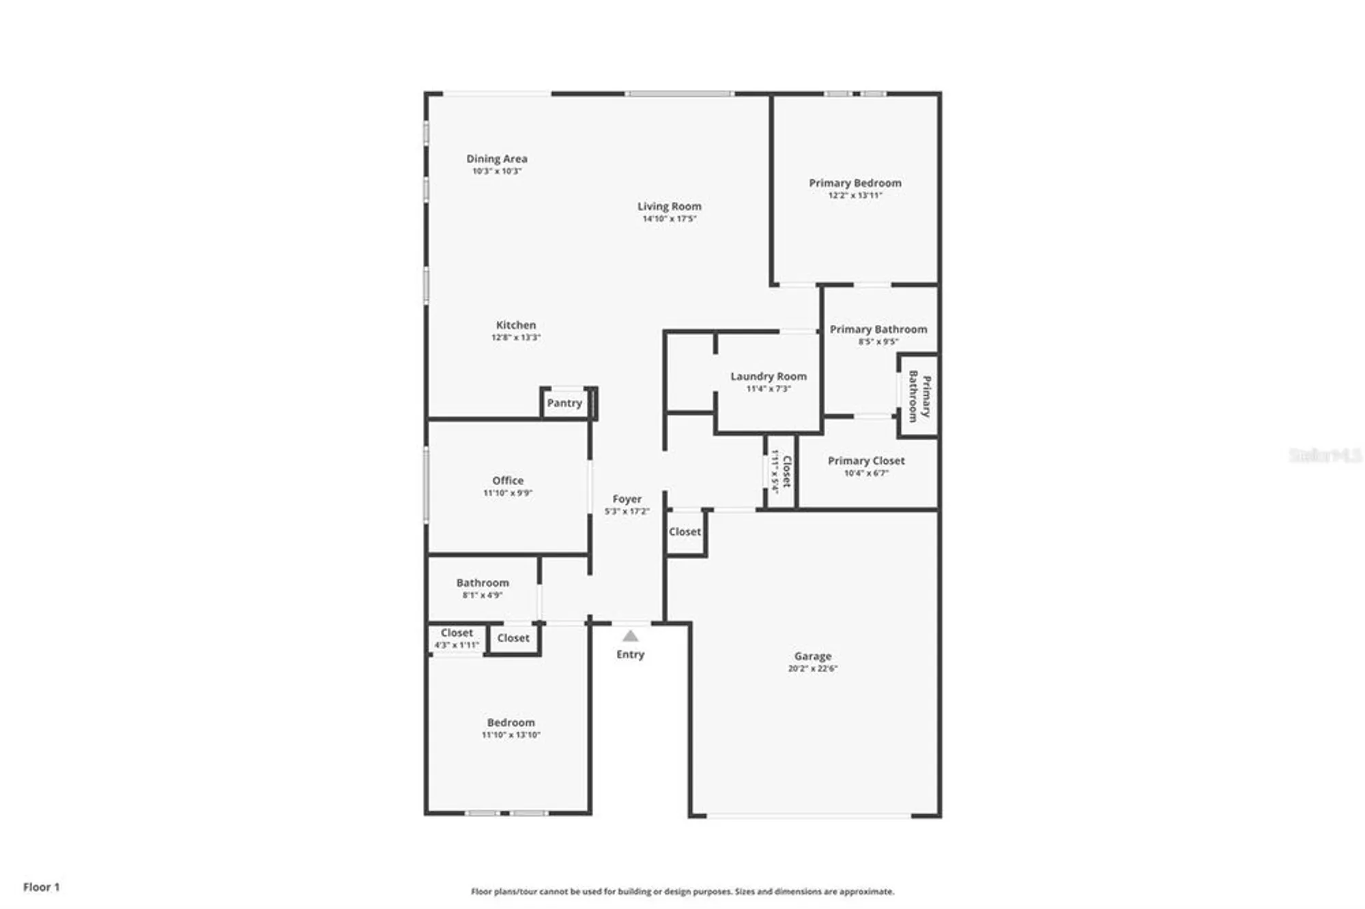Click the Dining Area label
496,158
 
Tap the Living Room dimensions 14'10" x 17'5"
669,218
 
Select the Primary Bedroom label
854,183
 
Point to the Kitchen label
515,325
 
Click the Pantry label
564,403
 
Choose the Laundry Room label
768,376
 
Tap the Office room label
508,480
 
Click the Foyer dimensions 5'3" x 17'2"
627,511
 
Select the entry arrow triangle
630,636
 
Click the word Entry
630,654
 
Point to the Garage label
812,656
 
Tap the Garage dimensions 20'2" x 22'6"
812,668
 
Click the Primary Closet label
866,461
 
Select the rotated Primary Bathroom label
919,396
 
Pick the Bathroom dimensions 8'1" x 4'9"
482,595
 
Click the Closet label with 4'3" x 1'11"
456,633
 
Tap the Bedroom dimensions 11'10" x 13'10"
511,735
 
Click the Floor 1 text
41,886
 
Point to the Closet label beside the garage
685,532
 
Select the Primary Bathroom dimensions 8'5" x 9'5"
878,341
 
